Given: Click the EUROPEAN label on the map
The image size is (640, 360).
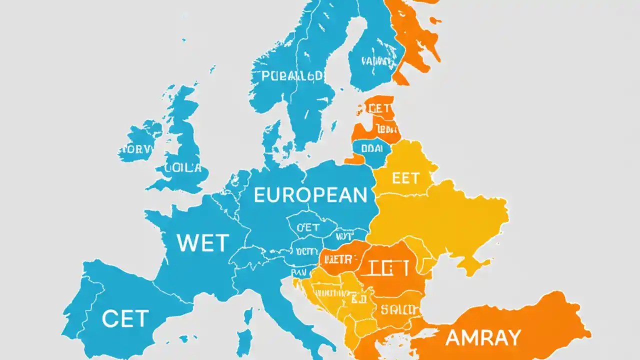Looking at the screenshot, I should click(x=310, y=195).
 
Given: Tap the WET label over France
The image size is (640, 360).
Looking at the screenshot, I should click(x=203, y=243).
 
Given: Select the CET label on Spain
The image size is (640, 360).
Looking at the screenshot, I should click(x=125, y=318).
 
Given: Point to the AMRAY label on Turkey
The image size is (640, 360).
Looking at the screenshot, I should click(x=483, y=338).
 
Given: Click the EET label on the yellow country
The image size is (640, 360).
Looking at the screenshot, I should click(x=405, y=178).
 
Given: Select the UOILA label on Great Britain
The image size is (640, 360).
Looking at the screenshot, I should click(x=182, y=167).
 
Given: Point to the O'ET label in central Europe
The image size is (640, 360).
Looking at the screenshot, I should click(x=307, y=227).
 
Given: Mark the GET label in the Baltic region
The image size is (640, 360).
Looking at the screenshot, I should click(x=380, y=108).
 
